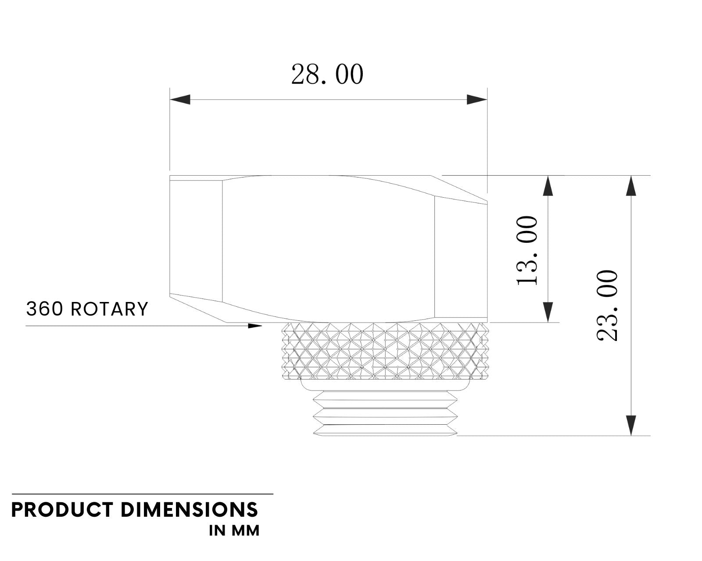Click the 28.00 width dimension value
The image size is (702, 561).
click(327, 75)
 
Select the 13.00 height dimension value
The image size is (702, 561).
click(526, 250)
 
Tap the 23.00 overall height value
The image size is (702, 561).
click(607, 305)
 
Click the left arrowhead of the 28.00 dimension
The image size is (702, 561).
click(180, 100)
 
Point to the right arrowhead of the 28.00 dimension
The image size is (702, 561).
click(477, 100)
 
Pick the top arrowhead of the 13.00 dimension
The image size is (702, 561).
click(548, 186)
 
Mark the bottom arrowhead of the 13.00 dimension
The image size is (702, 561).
click(548, 312)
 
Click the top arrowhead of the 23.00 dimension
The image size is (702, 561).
click(631, 186)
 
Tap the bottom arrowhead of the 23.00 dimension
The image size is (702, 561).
click(631, 426)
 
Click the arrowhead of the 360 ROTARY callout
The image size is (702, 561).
click(255, 326)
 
